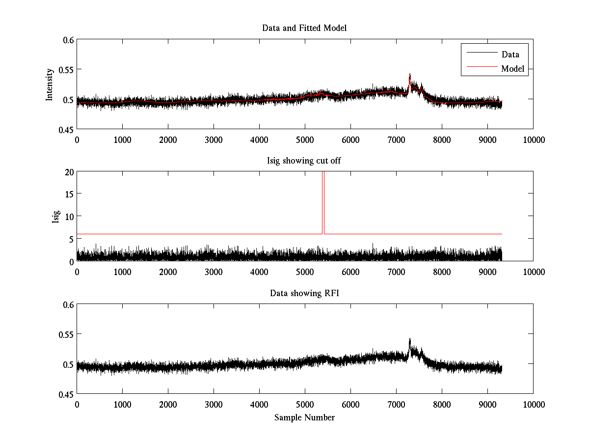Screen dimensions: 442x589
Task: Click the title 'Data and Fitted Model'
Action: coord(304,28)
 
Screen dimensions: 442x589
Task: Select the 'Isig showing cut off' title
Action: coord(304,161)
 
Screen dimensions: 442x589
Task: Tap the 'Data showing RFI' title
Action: coord(304,293)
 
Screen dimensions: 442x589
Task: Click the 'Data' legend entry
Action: coord(510,55)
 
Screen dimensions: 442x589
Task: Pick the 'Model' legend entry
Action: coord(512,69)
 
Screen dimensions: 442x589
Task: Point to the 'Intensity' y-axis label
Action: coord(50,84)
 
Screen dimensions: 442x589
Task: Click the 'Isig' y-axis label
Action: coord(55,217)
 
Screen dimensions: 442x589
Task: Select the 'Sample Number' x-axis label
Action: coord(304,417)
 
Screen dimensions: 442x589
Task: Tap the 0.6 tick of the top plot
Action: coord(68,40)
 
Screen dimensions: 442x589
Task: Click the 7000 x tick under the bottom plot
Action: coord(396,404)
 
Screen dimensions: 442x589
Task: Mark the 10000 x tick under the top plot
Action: coord(533,139)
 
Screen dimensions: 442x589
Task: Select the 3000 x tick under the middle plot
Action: coord(214,272)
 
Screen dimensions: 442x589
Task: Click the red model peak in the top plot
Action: coord(410,75)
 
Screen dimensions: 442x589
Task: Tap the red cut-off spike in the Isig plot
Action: coord(323,196)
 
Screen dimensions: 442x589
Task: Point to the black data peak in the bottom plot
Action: coord(410,339)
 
